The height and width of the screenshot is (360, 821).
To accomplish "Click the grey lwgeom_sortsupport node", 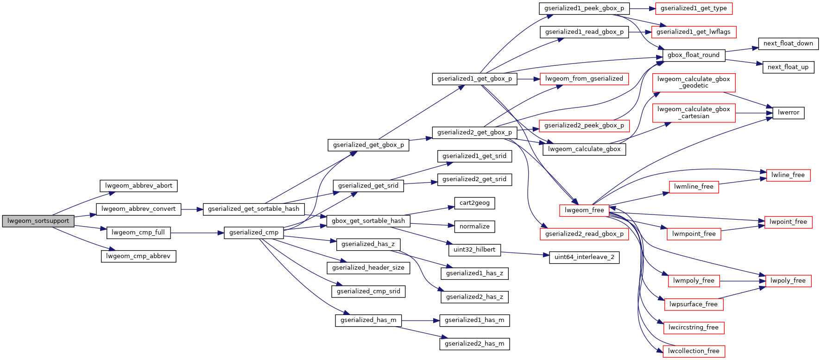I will (38, 221).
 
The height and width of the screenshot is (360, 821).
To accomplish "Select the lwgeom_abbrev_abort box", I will (139, 186).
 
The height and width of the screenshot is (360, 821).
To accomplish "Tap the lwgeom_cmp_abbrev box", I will (138, 256).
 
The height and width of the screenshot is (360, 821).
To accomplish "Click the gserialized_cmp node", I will (253, 233).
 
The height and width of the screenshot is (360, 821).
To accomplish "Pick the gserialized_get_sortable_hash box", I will (253, 209).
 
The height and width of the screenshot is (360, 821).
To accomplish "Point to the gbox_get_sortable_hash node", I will (368, 221).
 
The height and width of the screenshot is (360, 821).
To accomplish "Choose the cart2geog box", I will (474, 203).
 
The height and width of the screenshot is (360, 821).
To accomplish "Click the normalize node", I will (474, 227).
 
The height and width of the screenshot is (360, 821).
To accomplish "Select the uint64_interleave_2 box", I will (584, 257).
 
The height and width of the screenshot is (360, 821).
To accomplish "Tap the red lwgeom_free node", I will (584, 210).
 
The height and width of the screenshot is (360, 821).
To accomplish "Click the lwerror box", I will (789, 113).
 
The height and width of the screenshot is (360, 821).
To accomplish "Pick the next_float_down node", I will (788, 44).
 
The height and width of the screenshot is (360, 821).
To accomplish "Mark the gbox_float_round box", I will (694, 55).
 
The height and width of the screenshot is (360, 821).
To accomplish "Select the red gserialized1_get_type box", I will (694, 8).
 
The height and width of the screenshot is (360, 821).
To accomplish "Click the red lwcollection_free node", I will (694, 351).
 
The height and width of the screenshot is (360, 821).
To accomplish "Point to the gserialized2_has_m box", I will (474, 344).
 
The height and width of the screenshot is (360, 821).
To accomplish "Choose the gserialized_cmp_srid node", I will (368, 291).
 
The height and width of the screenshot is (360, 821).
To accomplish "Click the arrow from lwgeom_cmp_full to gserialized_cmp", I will (197, 233).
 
